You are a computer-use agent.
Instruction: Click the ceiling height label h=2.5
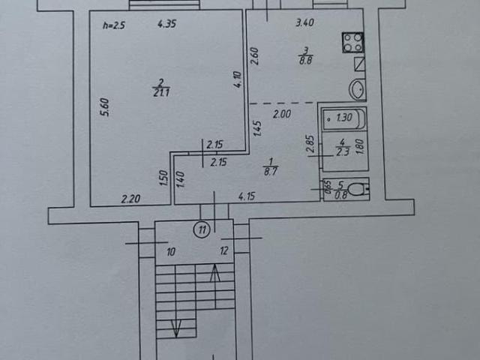pos(114,25)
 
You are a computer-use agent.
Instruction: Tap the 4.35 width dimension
pos(166,24)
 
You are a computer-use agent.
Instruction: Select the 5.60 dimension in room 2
pos(105,107)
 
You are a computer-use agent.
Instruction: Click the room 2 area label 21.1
pos(161,92)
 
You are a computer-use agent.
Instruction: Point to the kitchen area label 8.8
pos(305,60)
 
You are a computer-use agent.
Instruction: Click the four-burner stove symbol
pos(353,42)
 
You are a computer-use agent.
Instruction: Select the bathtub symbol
pos(344,118)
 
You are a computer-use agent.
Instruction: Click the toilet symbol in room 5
pos(358,189)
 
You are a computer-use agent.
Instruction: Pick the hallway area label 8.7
pos(271,170)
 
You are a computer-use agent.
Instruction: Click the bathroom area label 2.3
pos(342,151)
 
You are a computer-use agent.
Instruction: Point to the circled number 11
pos(202,229)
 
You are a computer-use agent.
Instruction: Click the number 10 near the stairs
pos(171,252)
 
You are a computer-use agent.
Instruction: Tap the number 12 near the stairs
pos(224,251)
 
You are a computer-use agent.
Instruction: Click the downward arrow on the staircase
pos(176,328)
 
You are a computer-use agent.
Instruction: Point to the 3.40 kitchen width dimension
pos(305,22)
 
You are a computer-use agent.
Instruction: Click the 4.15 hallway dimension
pos(247,196)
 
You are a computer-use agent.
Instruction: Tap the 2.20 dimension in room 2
pos(130,199)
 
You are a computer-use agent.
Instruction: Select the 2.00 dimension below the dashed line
pos(282,115)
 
